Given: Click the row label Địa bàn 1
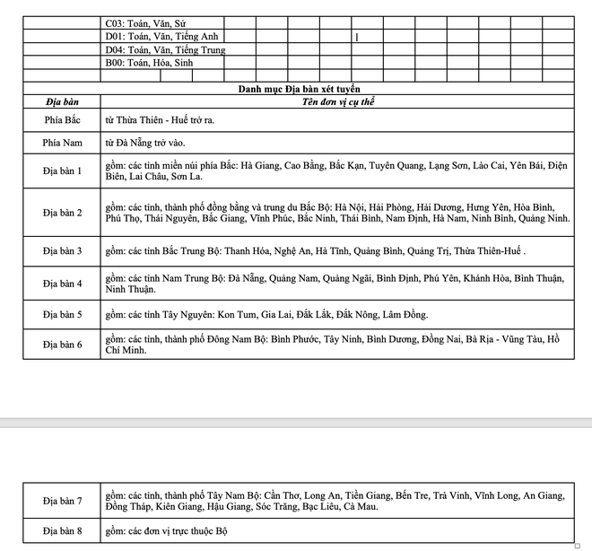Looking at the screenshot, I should pos(61,171).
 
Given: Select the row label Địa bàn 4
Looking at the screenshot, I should pos(61,284).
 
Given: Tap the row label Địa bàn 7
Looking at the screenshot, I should pos(61,500).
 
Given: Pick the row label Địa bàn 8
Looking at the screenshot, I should pos(61,531).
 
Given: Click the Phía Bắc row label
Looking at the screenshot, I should pos(61,119).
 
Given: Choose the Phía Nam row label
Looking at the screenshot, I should pos(61,143).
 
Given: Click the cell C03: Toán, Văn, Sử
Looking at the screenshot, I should pos(146,22).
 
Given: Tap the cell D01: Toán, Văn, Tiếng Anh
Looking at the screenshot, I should pos(161,36).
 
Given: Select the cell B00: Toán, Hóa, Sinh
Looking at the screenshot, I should pos(149,63).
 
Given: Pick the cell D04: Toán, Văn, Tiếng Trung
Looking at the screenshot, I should pos(165,49).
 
